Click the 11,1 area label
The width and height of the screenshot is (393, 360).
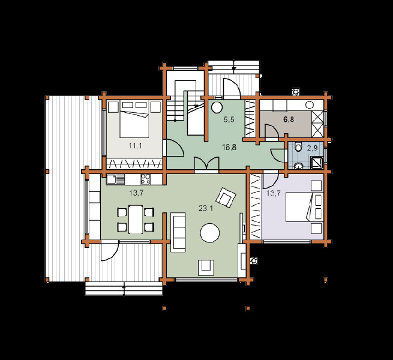[136, 146]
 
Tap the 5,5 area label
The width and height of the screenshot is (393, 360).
[229, 119]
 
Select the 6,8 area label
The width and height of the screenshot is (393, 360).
[289, 119]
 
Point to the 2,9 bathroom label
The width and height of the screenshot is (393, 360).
[312, 148]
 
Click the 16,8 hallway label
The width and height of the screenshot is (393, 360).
[229, 147]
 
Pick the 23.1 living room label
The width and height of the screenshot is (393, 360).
[206, 208]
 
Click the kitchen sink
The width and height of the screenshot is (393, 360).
[115, 179]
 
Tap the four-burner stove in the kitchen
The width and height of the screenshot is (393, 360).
[146, 179]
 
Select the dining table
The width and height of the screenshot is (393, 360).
[136, 220]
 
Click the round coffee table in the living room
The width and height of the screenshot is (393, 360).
[210, 233]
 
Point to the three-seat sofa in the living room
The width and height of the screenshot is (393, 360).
[178, 232]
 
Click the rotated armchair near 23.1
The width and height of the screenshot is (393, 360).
[227, 197]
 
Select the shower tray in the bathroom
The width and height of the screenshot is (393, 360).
[317, 163]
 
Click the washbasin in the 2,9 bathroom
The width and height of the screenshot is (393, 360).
[298, 166]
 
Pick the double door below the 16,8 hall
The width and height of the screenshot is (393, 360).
[206, 165]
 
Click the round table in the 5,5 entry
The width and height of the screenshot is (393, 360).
[217, 107]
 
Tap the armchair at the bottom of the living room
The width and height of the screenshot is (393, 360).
[206, 268]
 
